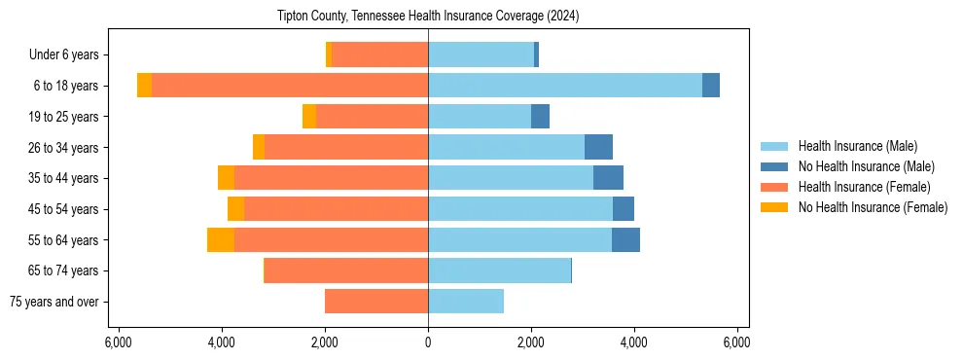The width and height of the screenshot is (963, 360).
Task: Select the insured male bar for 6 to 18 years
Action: (564, 86)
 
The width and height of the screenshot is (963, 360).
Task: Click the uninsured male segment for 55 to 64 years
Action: (625, 239)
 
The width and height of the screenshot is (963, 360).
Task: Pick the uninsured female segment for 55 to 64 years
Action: (221, 239)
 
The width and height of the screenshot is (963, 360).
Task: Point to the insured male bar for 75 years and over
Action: (466, 302)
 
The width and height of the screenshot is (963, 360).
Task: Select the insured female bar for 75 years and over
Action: (376, 302)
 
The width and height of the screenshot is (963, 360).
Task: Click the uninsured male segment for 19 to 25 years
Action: (540, 117)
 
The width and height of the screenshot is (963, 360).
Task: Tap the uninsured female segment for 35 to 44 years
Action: (226, 178)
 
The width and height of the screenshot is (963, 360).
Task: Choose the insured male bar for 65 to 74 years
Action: (499, 270)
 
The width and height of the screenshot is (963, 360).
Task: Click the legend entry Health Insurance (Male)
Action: (857, 146)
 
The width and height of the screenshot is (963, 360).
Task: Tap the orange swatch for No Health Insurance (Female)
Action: (775, 207)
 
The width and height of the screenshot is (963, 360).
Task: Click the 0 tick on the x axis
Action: (428, 342)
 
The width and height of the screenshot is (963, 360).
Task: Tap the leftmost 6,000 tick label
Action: (118, 342)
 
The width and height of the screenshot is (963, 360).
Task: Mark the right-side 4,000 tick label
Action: (634, 342)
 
